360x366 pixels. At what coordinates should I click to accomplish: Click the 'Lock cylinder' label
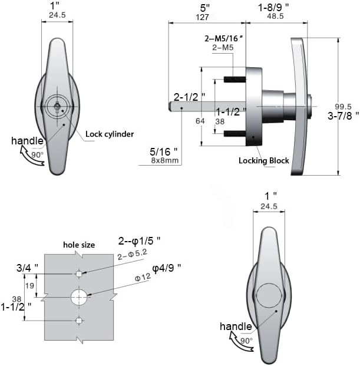pos(110,134)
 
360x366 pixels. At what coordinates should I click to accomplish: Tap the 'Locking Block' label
pos(264,160)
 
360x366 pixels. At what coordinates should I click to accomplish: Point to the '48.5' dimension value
pos(276,17)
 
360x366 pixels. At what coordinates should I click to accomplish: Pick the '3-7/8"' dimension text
pos(342,116)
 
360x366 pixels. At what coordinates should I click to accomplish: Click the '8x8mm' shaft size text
pos(160,159)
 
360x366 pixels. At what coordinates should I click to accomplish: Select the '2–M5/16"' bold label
pos(224,38)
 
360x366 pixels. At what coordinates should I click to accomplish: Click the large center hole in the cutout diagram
pos(79,297)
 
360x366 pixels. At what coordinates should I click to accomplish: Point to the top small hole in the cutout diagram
pos(79,274)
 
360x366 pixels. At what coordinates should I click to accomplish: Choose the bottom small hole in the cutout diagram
pos(79,320)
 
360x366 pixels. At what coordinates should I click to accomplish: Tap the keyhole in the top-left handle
pos(56,107)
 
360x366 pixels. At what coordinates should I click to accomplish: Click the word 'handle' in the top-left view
pos(27,140)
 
